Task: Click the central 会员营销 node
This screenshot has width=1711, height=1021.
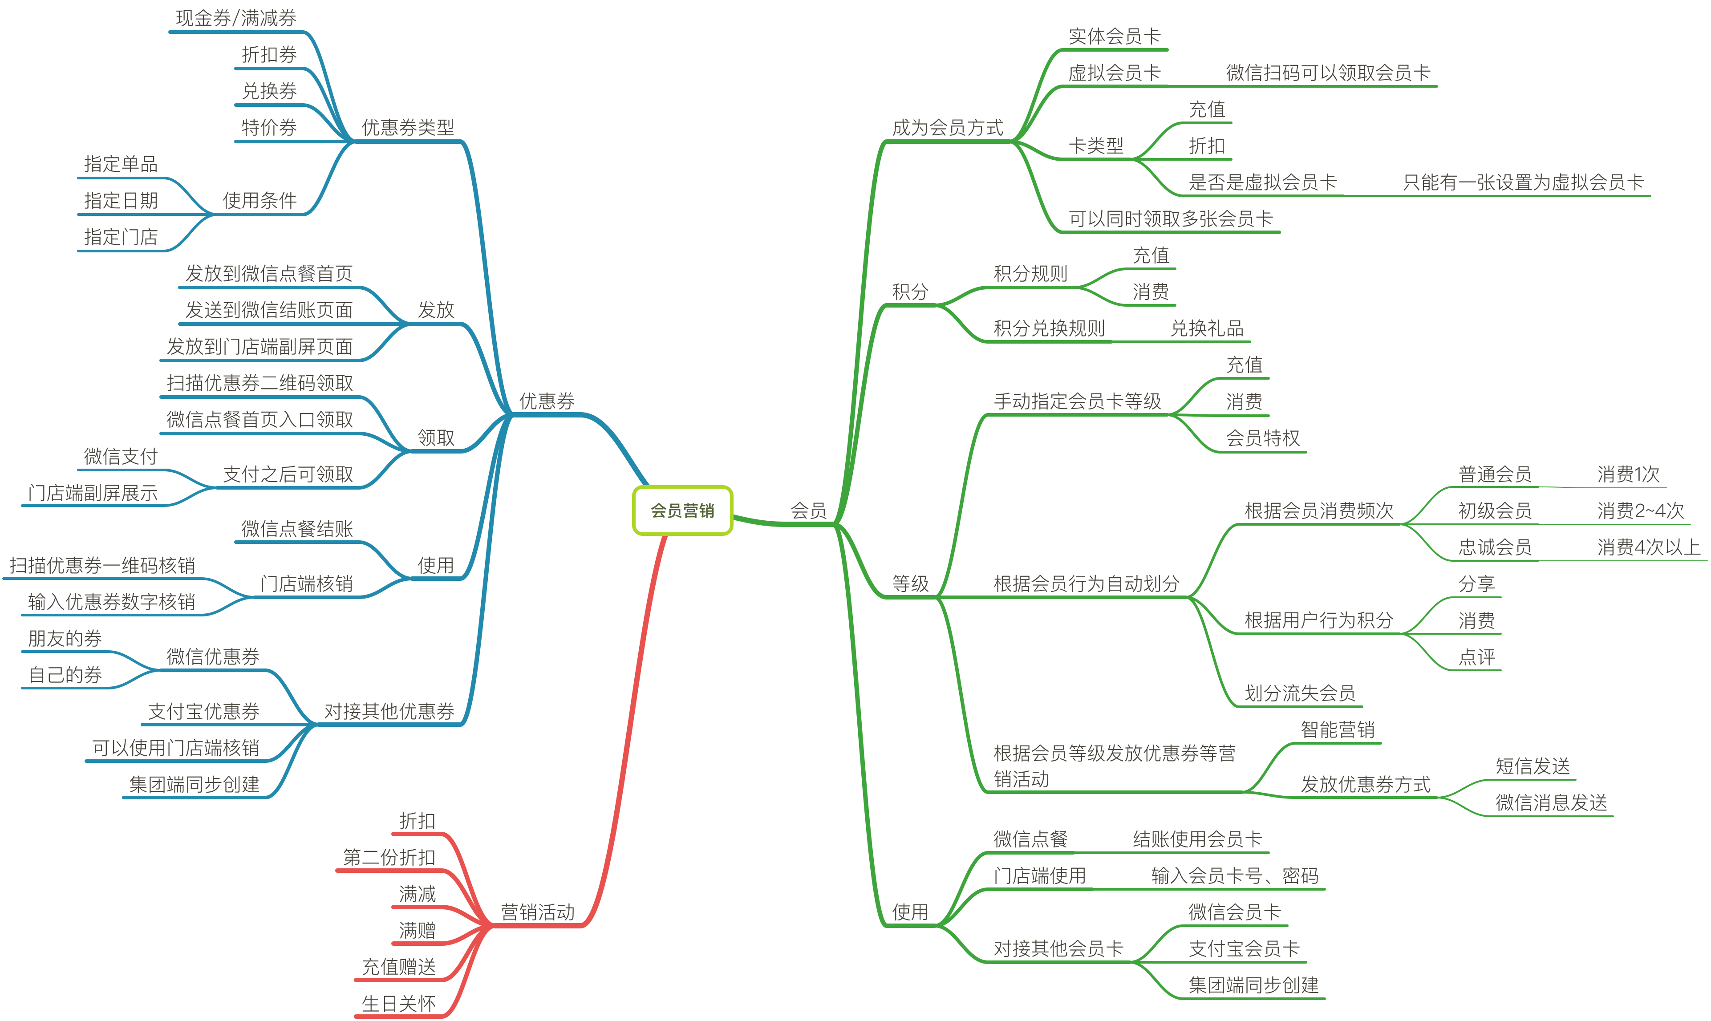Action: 682,510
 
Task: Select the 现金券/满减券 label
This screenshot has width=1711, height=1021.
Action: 236,19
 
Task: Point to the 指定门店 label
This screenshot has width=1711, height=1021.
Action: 121,237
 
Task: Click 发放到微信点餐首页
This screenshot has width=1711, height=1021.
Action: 269,274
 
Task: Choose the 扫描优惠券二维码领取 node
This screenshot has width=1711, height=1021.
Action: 259,383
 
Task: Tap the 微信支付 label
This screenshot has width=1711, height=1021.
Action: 121,456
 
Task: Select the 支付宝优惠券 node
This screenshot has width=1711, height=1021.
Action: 204,711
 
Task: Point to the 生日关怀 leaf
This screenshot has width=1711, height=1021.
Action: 398,1004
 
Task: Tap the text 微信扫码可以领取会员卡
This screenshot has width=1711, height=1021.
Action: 1328,73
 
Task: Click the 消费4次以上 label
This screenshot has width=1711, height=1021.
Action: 1648,547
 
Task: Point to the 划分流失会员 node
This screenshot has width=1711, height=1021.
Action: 1300,693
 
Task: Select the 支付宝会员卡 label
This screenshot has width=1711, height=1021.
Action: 1244,949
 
